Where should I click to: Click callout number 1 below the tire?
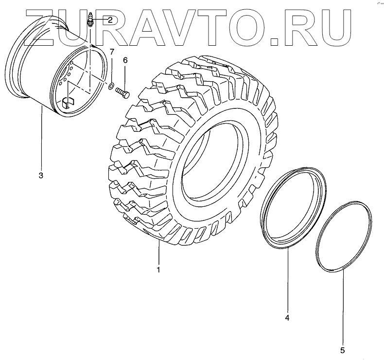pyautogui.click(x=158, y=270)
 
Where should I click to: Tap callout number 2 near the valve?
pyautogui.click(x=110, y=20)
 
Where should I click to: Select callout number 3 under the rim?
pyautogui.click(x=41, y=176)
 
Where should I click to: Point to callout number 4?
pyautogui.click(x=287, y=318)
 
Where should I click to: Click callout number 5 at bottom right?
pyautogui.click(x=342, y=350)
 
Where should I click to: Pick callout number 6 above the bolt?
pyautogui.click(x=125, y=60)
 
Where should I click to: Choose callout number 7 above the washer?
pyautogui.click(x=112, y=52)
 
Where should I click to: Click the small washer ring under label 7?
pyautogui.click(x=111, y=86)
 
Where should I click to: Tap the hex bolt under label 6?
pyautogui.click(x=122, y=93)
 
